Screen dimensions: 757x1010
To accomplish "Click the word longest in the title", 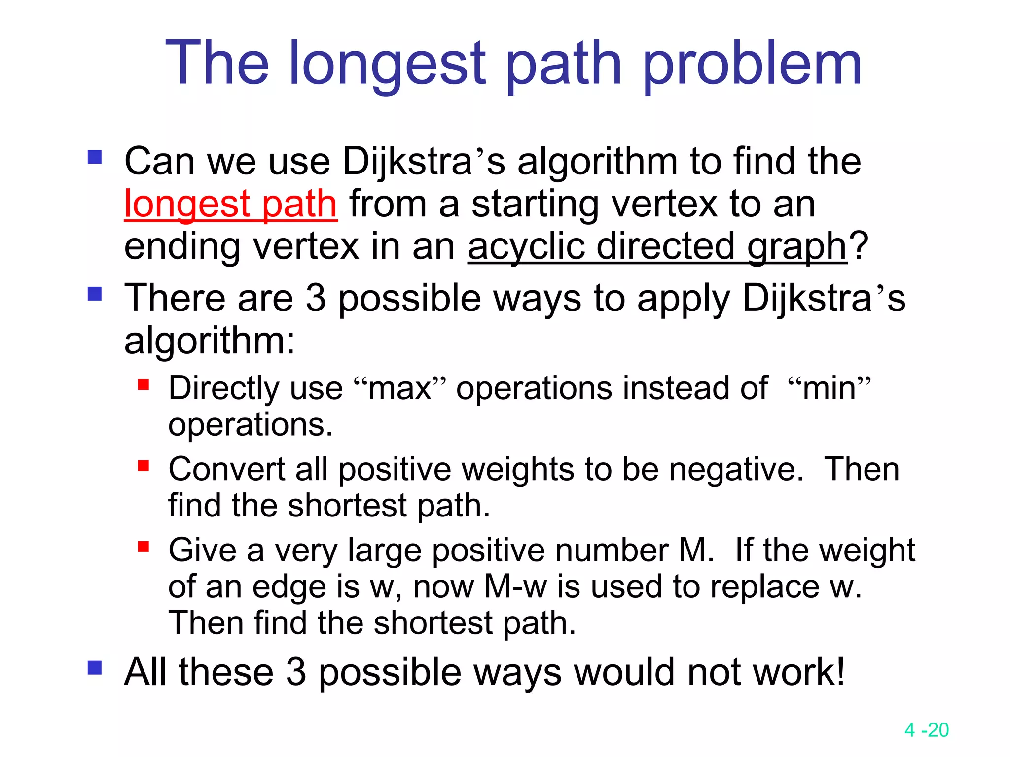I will coord(387,64).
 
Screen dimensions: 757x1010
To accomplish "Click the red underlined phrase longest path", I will coord(230,204).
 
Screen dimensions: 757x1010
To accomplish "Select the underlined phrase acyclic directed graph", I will coord(657,246).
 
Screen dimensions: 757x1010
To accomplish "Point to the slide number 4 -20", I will coord(926,730).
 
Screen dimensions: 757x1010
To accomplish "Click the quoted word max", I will coord(399,388).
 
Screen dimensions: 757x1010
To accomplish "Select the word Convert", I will coord(226,469).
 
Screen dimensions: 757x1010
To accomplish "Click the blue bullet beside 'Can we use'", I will coord(94,157).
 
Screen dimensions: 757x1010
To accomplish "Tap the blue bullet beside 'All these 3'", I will coord(94,668).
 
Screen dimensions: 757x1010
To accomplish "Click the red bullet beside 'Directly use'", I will coord(144,384).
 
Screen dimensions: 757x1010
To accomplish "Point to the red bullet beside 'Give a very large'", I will coord(144,546).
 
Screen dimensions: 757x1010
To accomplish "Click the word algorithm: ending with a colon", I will coord(210,341).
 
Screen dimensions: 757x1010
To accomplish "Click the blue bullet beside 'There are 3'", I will coord(94,294).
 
